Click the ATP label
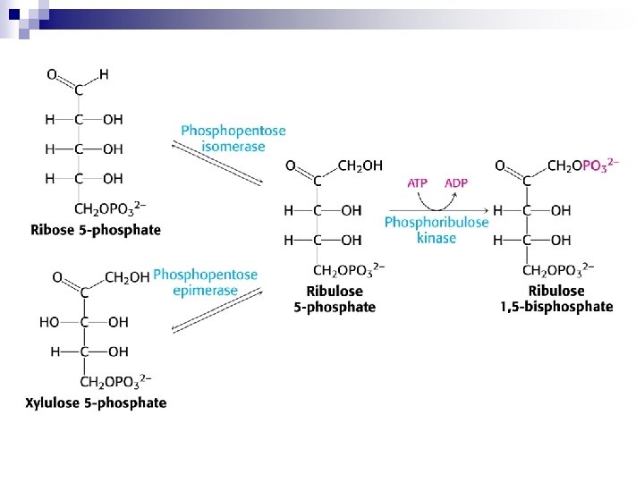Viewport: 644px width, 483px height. pos(418,182)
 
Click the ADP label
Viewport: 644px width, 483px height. pos(456,182)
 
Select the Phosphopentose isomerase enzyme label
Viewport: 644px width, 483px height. pos(233,138)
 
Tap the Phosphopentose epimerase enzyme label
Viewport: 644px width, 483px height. pos(206,283)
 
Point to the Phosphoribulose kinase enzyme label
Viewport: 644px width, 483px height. pos(436,230)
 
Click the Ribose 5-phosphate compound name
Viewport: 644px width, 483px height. pos(96,230)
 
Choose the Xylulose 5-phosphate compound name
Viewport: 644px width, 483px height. pos(96,402)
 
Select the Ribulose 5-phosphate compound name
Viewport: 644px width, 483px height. pos(335,299)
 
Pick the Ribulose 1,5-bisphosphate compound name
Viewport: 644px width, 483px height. pos(556,299)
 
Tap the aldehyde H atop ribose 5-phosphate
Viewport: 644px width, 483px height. pos(104,74)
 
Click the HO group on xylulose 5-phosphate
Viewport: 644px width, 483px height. pos(49,322)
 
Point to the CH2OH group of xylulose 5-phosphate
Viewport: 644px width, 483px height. pos(127,278)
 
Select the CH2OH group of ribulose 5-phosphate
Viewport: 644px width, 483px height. pos(360,165)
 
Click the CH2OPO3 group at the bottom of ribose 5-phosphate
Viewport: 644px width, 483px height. pos(110,209)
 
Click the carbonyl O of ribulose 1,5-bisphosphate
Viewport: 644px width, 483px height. pos(501,165)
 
